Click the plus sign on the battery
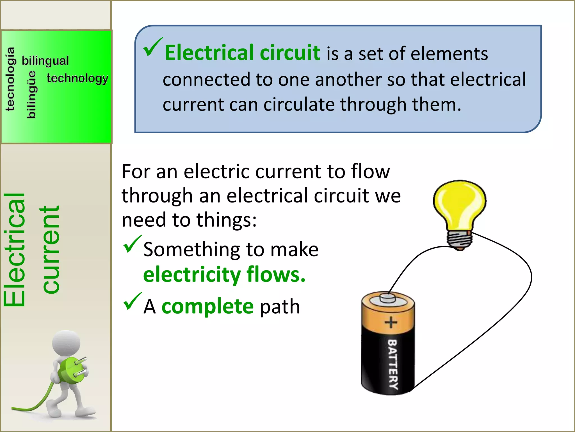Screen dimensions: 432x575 click(391, 322)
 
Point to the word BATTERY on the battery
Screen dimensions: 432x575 click(393, 364)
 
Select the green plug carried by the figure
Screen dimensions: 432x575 click(72, 370)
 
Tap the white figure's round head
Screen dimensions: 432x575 click(67, 343)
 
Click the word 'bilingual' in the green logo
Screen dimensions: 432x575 click(45, 61)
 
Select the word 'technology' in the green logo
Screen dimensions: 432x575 click(77, 78)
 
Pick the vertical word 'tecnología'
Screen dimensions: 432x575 click(10, 79)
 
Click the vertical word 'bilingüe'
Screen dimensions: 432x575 click(31, 94)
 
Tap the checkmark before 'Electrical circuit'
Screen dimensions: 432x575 click(152, 47)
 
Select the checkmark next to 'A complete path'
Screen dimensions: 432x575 click(132, 301)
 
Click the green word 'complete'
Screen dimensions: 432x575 click(207, 307)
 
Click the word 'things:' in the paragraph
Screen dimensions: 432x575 click(226, 220)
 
